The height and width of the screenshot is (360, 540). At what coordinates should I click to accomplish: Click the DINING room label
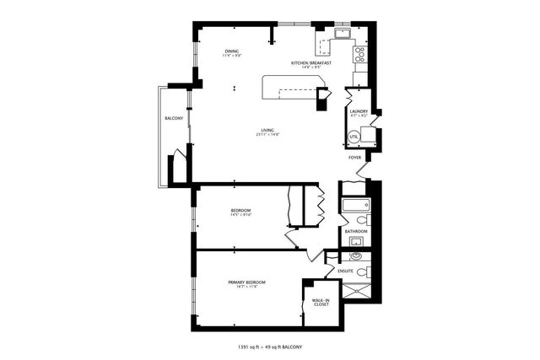(232, 51)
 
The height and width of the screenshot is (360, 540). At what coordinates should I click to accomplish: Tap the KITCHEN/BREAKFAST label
(310, 63)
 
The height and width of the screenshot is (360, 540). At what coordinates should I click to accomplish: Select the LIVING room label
(268, 130)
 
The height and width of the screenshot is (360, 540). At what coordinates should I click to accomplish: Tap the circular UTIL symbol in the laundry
(354, 137)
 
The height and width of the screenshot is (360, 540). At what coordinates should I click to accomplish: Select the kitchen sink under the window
(342, 35)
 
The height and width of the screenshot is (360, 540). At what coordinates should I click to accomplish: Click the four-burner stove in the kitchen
(359, 55)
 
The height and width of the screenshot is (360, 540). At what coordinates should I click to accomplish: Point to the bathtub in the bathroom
(356, 205)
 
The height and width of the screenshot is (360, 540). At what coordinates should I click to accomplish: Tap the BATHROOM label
(356, 230)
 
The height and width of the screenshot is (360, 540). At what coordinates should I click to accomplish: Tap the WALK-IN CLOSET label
(321, 302)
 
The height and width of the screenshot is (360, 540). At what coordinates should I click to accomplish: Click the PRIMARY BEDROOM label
(246, 282)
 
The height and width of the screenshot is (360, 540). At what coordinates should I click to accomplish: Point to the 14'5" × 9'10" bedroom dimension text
(241, 215)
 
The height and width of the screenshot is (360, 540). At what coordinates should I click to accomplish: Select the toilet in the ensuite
(362, 271)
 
